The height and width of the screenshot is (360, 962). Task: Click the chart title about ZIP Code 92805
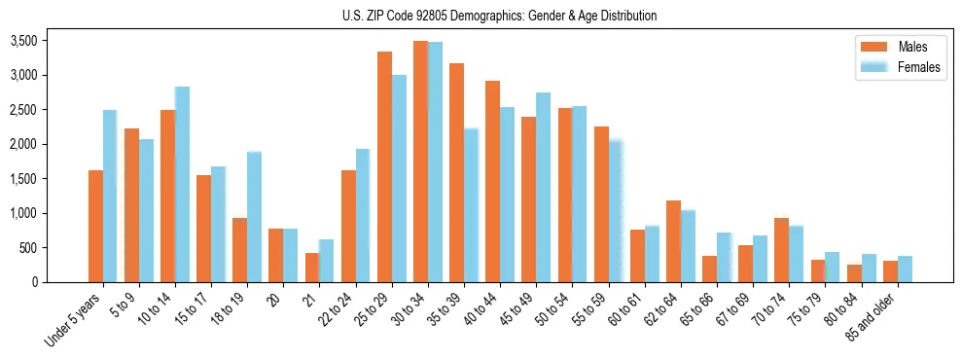pos(499,16)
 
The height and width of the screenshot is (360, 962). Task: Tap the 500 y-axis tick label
pos(28,248)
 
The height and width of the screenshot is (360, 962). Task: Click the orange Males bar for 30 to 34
pos(420,162)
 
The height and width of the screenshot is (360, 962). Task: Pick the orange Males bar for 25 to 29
pos(384,166)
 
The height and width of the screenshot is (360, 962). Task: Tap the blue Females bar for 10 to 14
pos(182,185)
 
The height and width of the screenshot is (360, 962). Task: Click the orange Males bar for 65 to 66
pos(709,269)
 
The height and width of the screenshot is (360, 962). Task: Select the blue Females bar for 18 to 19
pos(254,217)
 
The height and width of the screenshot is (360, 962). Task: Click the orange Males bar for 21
pos(312,268)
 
